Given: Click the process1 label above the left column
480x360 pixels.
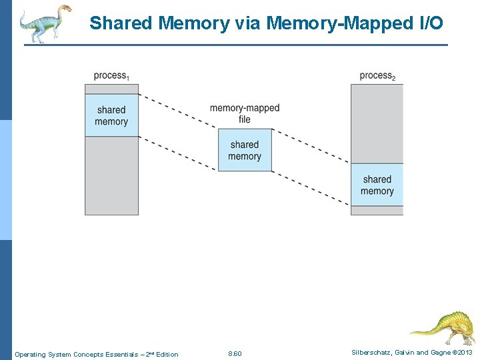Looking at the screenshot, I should click(111, 75).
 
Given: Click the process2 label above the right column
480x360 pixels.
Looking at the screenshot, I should click(377, 75).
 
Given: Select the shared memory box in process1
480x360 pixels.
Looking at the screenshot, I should click(111, 115).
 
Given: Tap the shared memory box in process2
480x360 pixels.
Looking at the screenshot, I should click(377, 185).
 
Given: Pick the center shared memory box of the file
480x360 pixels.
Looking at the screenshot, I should click(245, 150).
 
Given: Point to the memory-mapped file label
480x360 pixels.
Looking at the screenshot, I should click(245, 113).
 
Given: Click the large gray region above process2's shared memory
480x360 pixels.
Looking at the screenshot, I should click(377, 123).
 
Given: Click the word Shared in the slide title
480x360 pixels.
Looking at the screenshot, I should click(123, 23).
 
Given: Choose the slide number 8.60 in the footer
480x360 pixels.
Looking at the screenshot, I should click(235, 353).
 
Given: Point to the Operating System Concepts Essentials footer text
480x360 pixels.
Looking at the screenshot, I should click(97, 354).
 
